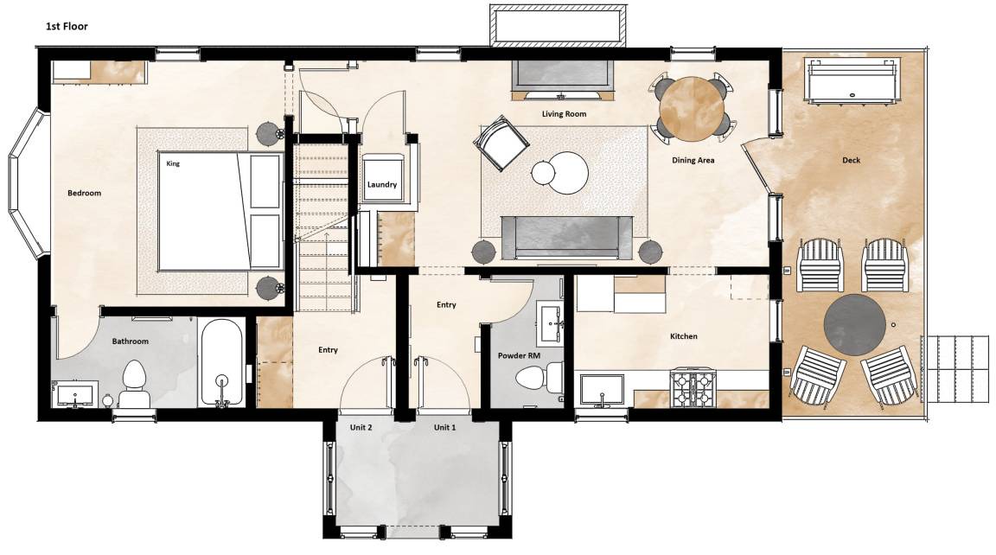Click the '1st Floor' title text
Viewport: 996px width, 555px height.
point(67,26)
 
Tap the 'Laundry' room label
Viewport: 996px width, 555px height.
point(382,185)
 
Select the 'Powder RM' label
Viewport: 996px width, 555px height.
point(519,355)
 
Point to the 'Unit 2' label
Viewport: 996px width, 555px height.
point(361,427)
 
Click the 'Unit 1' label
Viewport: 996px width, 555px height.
point(444,427)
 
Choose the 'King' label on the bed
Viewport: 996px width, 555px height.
point(173,163)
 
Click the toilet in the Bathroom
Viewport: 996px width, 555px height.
point(134,384)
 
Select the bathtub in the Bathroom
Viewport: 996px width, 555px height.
point(221,362)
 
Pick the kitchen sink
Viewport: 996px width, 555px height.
point(602,389)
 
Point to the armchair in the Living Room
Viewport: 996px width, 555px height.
point(501,144)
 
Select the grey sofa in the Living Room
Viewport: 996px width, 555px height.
point(567,238)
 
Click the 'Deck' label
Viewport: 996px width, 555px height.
point(851,160)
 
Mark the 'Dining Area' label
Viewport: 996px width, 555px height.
point(693,161)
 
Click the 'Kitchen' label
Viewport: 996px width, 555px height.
point(684,336)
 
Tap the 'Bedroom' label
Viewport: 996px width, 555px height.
point(85,193)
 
